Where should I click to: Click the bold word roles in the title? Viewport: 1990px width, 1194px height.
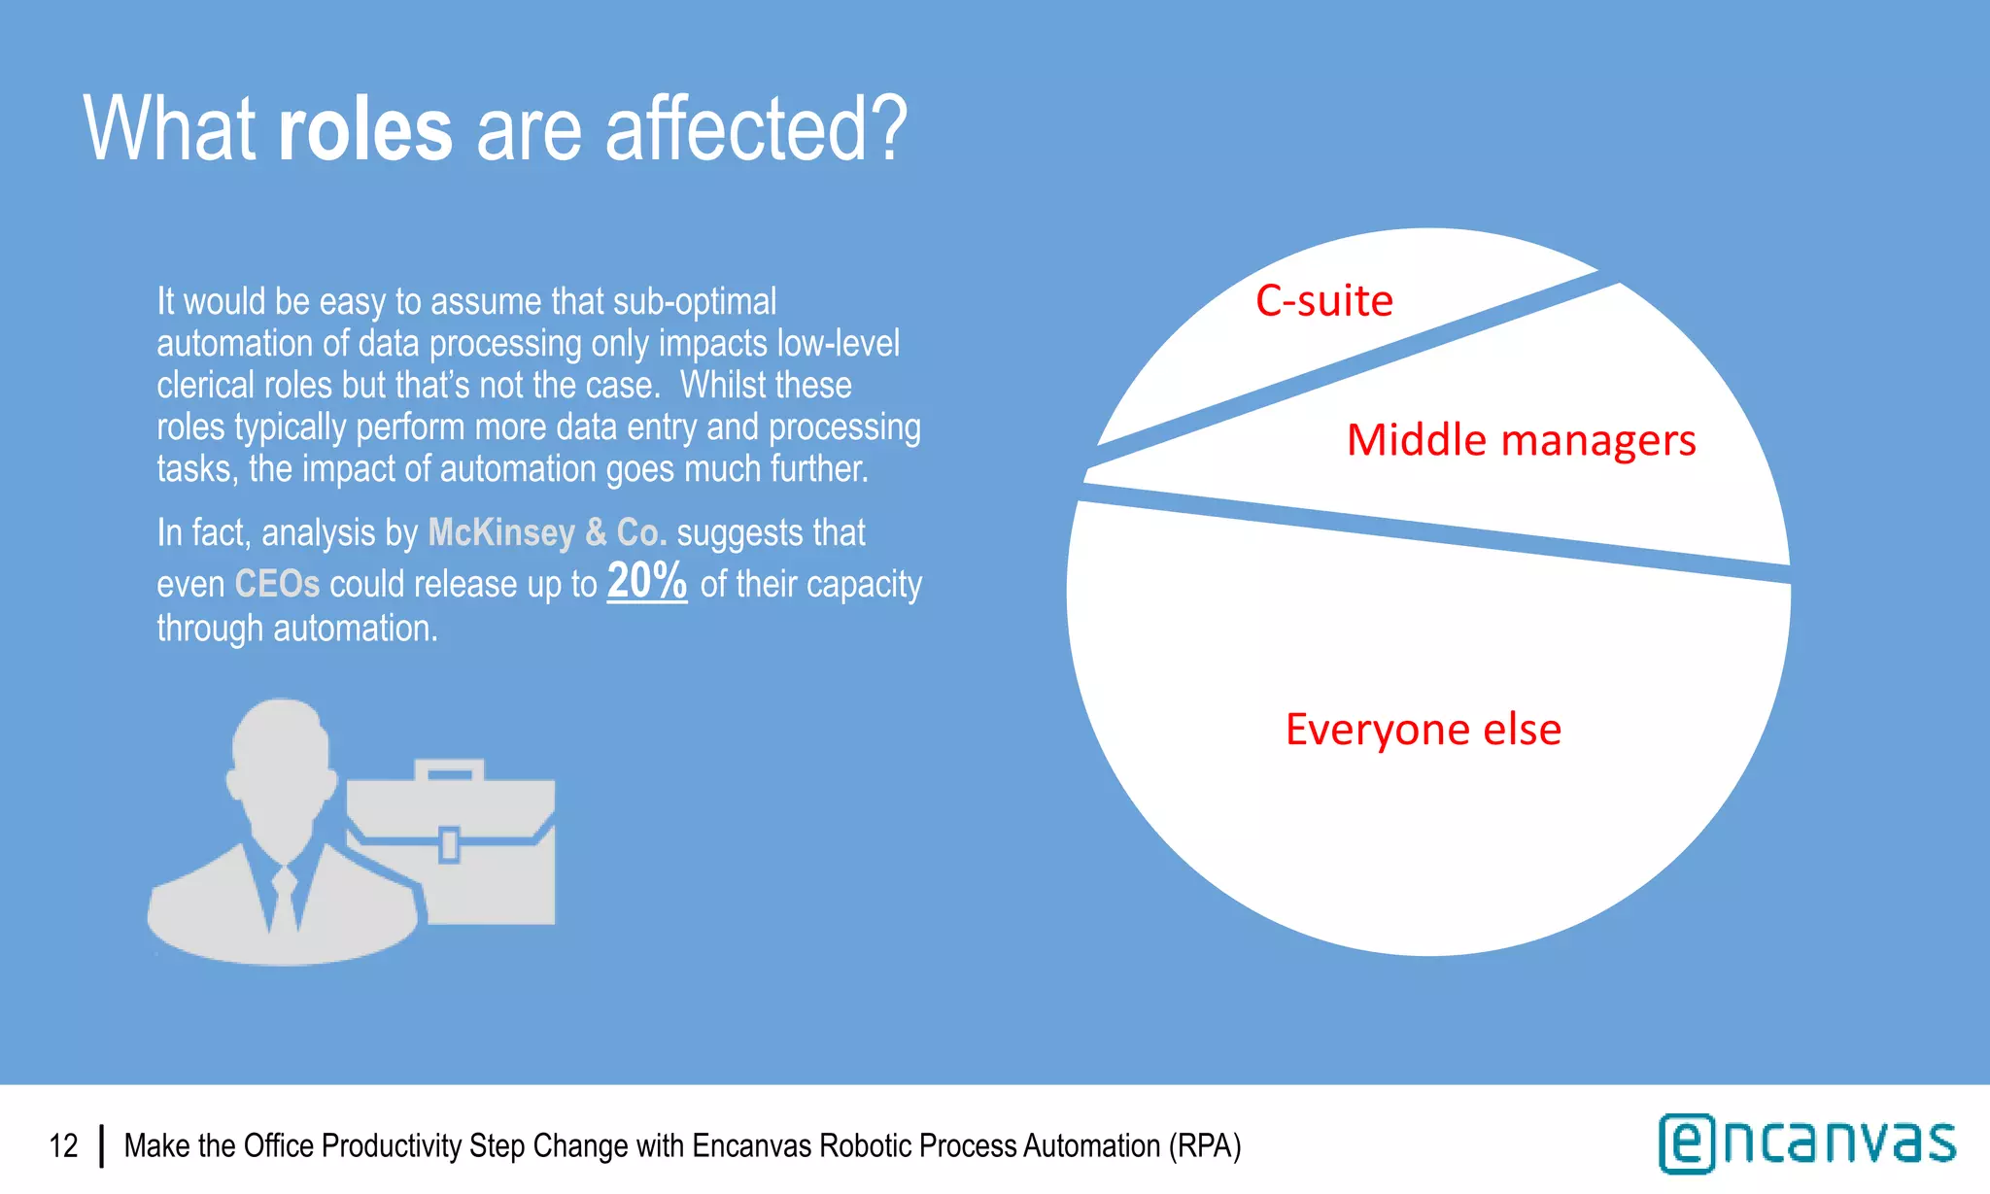364,130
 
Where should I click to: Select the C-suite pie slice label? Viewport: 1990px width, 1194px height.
1323,300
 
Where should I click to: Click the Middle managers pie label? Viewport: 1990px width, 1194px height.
1521,440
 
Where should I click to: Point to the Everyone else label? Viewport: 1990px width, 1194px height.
1423,729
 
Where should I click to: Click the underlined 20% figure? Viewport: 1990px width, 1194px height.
646,582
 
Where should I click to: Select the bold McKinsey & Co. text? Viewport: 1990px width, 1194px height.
547,532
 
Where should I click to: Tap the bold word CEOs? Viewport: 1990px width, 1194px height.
277,584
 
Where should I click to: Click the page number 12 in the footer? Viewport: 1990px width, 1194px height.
63,1145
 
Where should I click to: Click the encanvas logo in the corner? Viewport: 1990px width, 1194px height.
1806,1143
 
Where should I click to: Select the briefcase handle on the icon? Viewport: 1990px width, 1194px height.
449,769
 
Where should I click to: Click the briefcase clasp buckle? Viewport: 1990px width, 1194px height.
449,843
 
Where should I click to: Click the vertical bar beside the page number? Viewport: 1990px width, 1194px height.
101,1145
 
